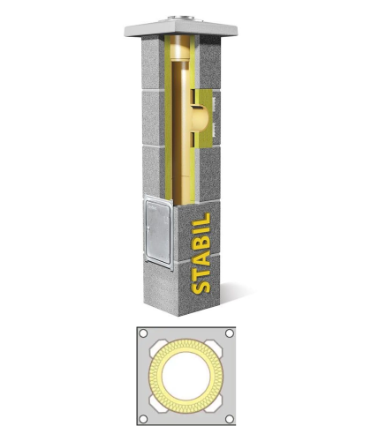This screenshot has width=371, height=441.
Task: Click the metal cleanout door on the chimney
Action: click(158, 232)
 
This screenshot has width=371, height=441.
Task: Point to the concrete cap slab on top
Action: click(181, 29)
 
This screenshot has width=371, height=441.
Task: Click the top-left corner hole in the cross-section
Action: click(143, 333)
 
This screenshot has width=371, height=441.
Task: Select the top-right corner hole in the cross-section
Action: click(230, 333)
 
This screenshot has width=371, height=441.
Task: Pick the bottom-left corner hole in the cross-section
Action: click(143, 419)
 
